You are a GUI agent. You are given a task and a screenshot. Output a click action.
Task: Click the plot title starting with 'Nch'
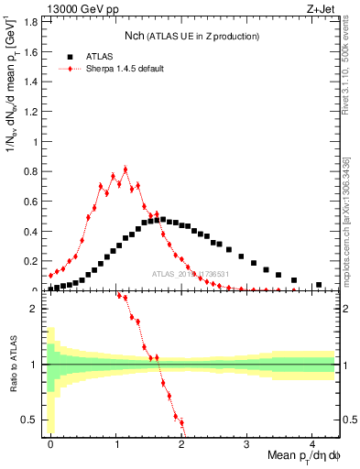tap(191, 36)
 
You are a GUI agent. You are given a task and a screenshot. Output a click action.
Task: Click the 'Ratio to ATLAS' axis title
tap(12, 364)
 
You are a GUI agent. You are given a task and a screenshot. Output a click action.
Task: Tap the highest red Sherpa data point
tap(125, 169)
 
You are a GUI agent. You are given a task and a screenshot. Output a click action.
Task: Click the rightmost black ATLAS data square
tap(319, 285)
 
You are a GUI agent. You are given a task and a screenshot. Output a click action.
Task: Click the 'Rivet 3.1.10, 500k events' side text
tap(350, 73)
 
